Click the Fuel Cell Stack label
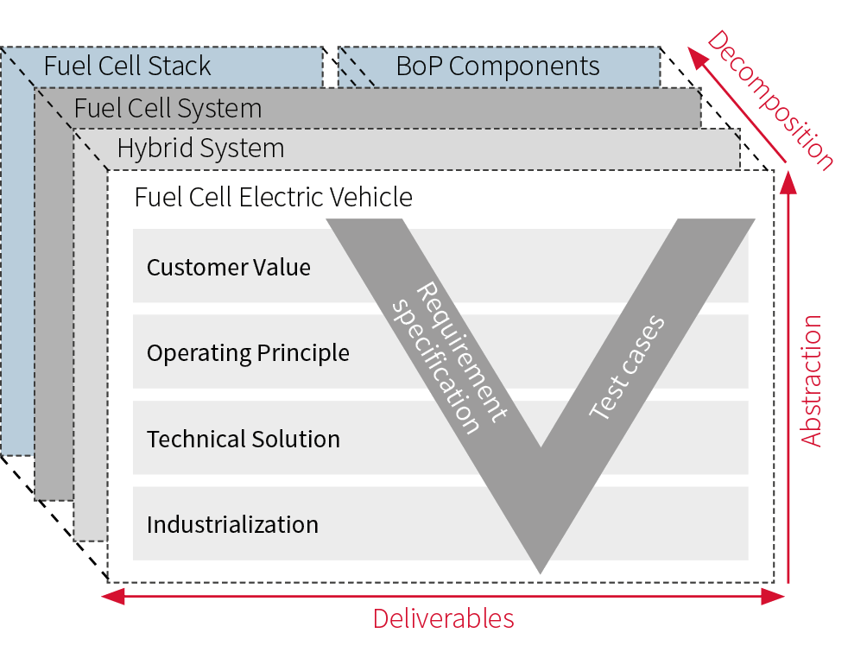click(127, 66)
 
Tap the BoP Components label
click(497, 66)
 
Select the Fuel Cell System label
click(168, 109)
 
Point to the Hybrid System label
click(200, 149)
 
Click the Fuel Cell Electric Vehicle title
click(273, 197)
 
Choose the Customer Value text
click(228, 267)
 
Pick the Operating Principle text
click(248, 353)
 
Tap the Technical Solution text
click(243, 439)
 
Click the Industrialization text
click(232, 524)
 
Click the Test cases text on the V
click(628, 368)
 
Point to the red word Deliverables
click(443, 618)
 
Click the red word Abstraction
click(811, 381)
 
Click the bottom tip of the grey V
click(541, 570)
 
